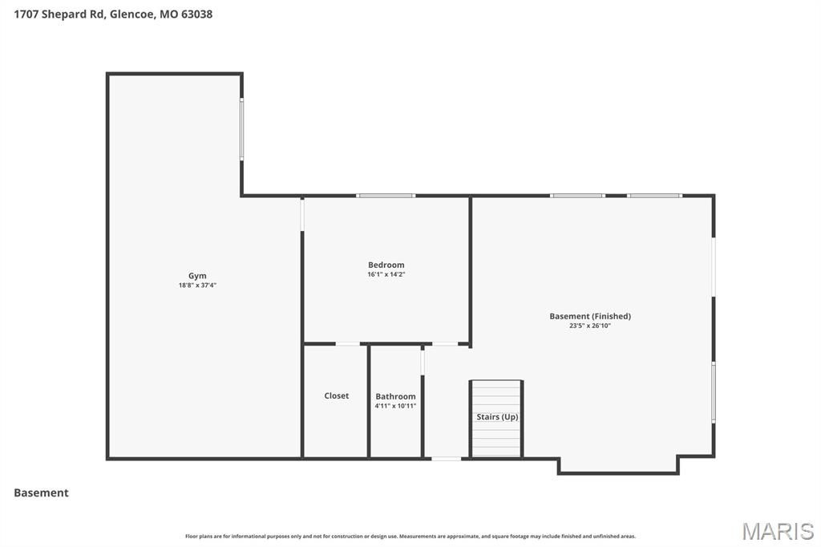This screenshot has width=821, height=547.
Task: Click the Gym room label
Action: click(x=197, y=276)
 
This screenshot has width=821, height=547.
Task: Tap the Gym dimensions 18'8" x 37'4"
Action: click(x=197, y=286)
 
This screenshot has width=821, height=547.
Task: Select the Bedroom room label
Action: click(x=386, y=265)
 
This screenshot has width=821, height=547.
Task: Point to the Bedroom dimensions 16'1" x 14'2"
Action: click(x=386, y=274)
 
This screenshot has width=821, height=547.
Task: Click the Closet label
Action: click(x=336, y=395)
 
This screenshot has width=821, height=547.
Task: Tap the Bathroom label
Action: click(x=395, y=397)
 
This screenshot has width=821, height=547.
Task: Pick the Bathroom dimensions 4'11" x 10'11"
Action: click(x=395, y=406)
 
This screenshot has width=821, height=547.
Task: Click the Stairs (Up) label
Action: click(x=497, y=416)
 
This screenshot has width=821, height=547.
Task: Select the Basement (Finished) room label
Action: click(x=590, y=316)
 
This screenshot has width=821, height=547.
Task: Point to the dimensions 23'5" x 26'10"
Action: click(x=590, y=326)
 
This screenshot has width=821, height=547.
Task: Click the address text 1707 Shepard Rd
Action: click(x=59, y=14)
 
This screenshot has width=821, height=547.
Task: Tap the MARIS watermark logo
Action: click(x=778, y=531)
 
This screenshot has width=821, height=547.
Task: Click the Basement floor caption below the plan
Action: click(x=41, y=492)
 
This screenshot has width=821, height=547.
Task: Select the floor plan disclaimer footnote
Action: click(x=410, y=536)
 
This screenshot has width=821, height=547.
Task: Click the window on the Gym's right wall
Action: click(x=241, y=129)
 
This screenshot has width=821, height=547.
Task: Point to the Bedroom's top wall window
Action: click(x=386, y=196)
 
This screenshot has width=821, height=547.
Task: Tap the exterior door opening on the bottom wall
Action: click(x=446, y=459)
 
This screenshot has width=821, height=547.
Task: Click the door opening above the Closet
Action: click(x=348, y=344)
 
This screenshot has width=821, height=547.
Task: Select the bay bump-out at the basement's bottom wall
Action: click(x=618, y=465)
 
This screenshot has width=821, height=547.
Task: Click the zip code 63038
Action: click(x=197, y=14)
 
